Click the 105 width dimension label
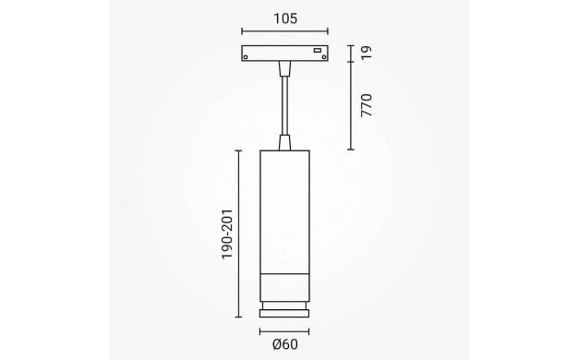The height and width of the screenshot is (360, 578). [x=285, y=18]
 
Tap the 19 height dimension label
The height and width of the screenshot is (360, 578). [x=367, y=53]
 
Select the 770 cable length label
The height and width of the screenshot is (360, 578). [x=367, y=105]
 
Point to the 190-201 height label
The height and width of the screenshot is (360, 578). [x=227, y=234]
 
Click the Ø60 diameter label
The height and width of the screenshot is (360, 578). [x=285, y=344]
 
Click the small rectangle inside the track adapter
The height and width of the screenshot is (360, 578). [x=317, y=50]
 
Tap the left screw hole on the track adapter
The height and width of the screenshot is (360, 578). [x=246, y=56]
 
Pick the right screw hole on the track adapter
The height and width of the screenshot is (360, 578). [x=324, y=56]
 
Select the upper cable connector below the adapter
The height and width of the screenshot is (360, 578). [x=284, y=69]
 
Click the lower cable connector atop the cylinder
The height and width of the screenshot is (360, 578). [x=284, y=142]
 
